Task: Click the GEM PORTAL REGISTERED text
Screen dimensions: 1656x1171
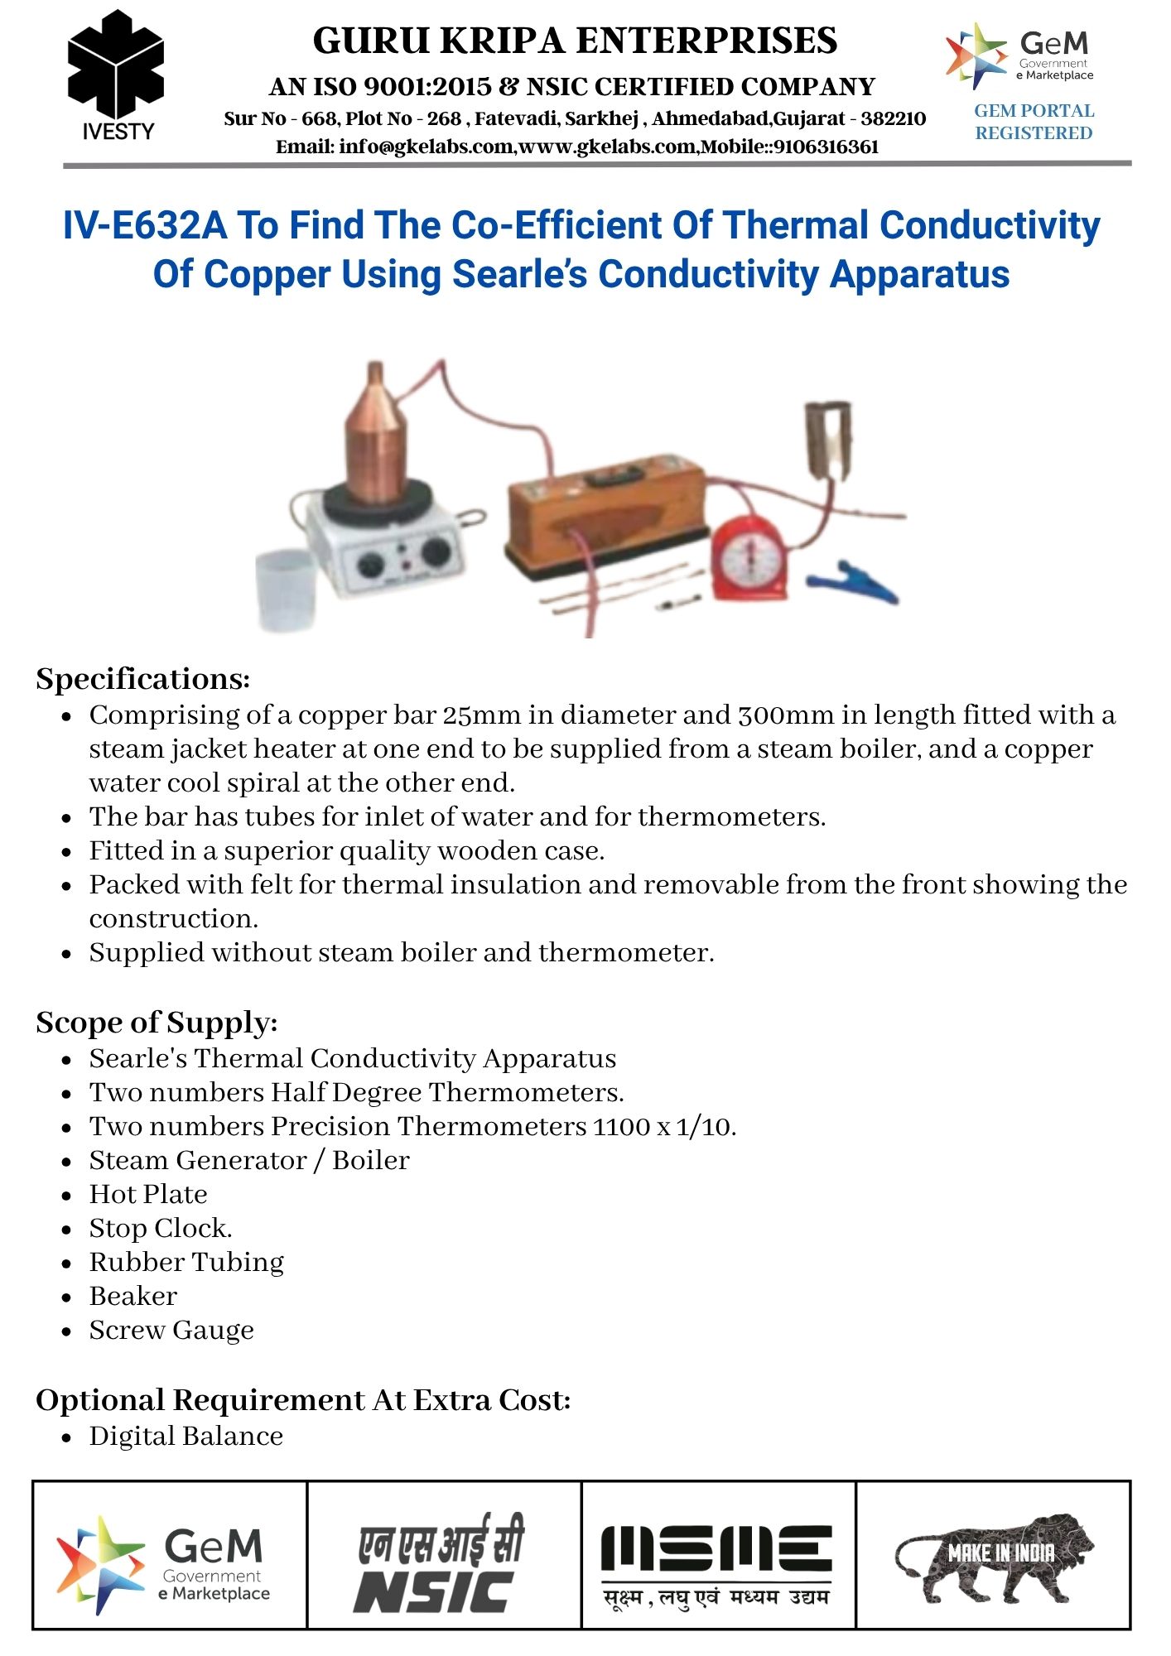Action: [x=1034, y=122]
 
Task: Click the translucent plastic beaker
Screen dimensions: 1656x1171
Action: [x=286, y=589]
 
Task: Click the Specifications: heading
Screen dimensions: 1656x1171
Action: [x=142, y=679]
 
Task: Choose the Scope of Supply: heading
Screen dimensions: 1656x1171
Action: [x=157, y=1023]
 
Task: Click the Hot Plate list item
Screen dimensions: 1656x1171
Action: [x=148, y=1194]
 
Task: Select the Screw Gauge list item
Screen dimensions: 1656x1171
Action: [x=171, y=1330]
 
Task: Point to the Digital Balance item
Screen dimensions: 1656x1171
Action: [x=186, y=1436]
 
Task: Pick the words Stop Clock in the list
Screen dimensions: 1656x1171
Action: [x=160, y=1228]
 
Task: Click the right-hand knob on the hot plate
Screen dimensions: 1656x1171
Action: [x=435, y=552]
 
